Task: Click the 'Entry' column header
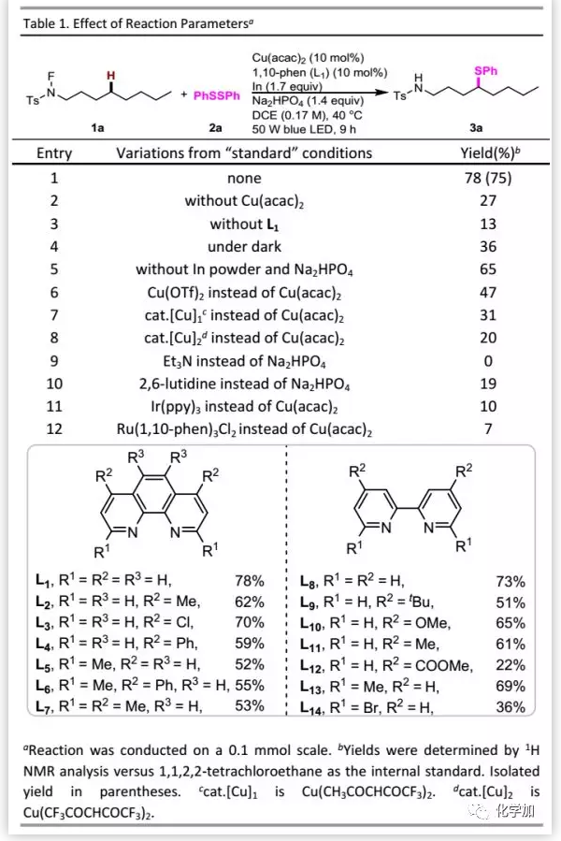click(54, 152)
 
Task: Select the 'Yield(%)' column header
click(492, 152)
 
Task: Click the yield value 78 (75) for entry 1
click(492, 178)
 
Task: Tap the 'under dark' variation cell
click(243, 247)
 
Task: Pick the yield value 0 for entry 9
click(492, 361)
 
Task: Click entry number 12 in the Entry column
click(54, 429)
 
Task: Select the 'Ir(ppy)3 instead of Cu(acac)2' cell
click(243, 407)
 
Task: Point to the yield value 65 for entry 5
click(492, 269)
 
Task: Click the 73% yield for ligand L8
click(511, 581)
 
